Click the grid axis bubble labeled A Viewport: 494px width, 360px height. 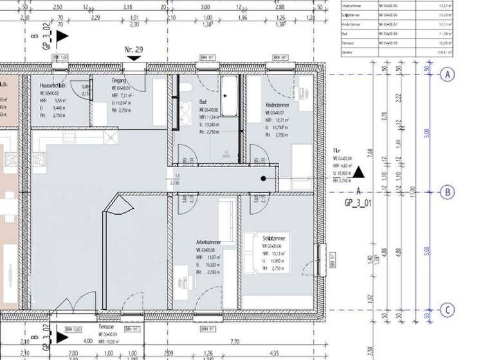click(x=447, y=75)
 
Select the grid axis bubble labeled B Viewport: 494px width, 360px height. click(x=447, y=192)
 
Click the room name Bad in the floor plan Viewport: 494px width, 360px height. click(x=203, y=102)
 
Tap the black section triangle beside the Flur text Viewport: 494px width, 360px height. click(x=359, y=172)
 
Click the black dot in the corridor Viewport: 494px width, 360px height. click(x=264, y=179)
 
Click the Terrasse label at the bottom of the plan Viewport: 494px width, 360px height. click(x=105, y=327)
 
